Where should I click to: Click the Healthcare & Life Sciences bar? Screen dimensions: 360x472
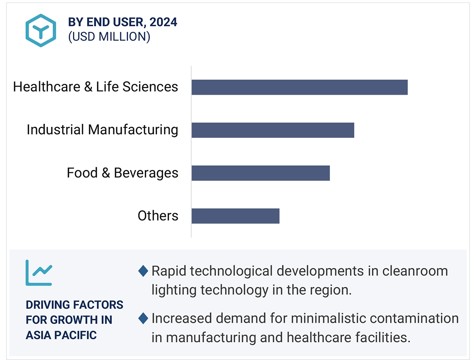pos(299,87)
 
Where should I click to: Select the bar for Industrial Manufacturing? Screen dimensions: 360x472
pos(273,130)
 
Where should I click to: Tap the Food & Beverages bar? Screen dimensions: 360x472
pos(261,173)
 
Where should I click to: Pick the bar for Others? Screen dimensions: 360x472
pos(235,216)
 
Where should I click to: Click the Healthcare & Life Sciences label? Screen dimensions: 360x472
pos(96,87)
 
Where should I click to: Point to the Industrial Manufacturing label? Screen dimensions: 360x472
pos(102,130)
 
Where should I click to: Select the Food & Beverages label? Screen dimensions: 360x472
pos(122,173)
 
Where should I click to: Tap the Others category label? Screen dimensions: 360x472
pos(158,216)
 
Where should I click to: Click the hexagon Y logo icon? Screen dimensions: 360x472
pos(41,30)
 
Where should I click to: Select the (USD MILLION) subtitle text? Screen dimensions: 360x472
pos(109,37)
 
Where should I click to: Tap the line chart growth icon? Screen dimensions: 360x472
pos(39,273)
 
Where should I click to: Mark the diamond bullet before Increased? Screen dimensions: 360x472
pos(143,319)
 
